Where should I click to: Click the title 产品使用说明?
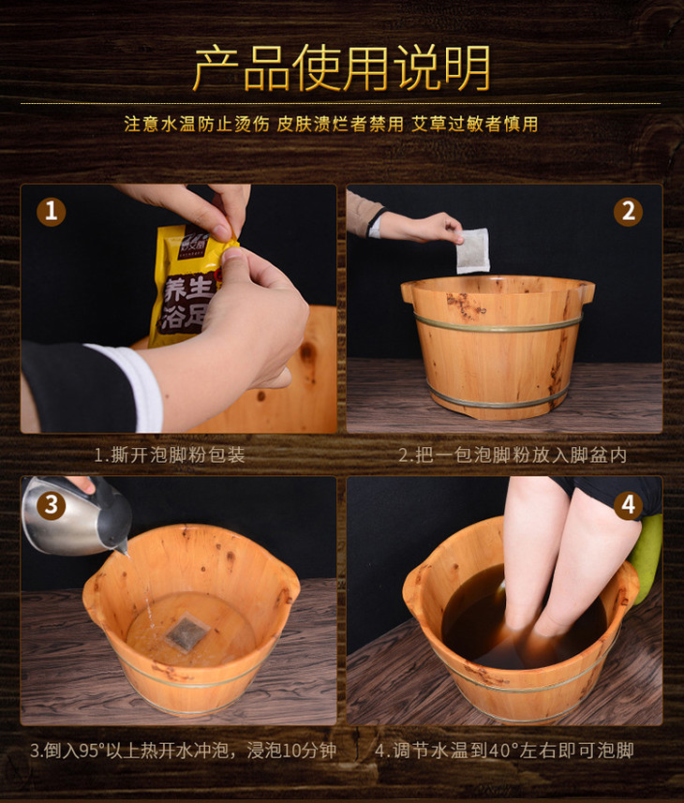342,67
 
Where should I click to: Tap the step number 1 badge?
52,212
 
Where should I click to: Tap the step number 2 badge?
628,212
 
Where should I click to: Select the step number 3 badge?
52,505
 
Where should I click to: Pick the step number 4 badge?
628,505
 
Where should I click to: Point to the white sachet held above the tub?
473,251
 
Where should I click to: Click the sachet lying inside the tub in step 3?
186,633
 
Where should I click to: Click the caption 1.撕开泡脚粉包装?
170,454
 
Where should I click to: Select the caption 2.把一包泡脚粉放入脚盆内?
513,454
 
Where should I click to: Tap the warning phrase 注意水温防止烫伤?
197,124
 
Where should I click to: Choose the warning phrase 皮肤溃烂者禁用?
340,124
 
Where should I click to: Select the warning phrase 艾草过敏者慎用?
475,124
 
